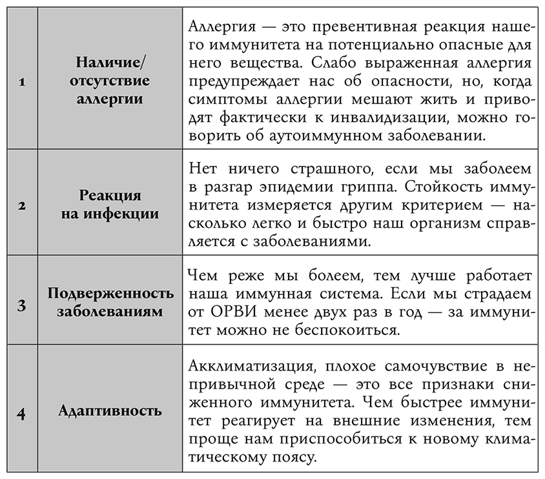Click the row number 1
pos(21,82)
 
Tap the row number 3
pos(21,303)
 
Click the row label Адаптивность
pos(110,411)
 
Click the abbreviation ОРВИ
pos(230,313)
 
